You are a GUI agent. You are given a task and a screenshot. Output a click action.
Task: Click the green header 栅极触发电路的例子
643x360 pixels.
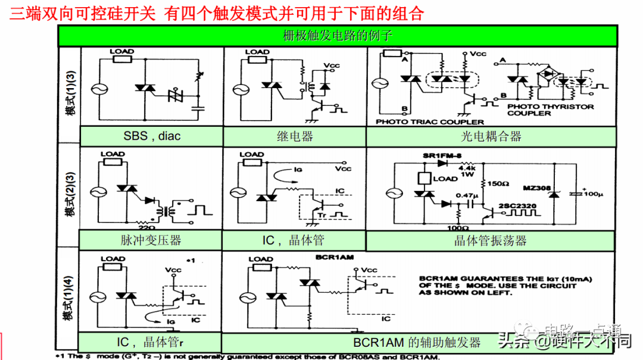coord(338,36)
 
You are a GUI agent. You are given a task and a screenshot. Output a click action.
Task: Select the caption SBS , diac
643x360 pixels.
coord(152,136)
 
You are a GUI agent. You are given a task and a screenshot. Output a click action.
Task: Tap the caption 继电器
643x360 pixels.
coord(295,136)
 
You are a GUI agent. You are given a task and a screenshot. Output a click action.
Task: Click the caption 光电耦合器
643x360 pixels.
coord(491,136)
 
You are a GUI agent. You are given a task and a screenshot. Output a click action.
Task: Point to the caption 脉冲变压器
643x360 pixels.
coord(151,240)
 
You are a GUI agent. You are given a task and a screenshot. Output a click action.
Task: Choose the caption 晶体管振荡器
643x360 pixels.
coord(491,240)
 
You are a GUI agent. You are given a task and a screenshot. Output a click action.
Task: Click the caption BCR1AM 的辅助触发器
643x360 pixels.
coord(417,343)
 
